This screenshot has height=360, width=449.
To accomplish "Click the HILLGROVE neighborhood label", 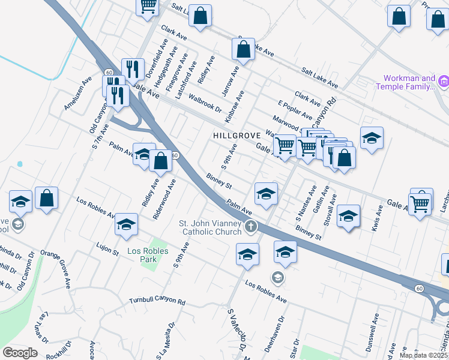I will click(x=237, y=136).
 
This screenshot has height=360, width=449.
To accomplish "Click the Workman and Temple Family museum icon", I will click(x=444, y=82).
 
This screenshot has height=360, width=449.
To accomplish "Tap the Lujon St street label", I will click(x=107, y=248).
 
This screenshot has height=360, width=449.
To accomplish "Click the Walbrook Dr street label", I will click(x=205, y=103).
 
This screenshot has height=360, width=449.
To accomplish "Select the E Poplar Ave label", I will click(x=295, y=107).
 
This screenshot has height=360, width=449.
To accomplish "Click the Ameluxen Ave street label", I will click(x=78, y=94).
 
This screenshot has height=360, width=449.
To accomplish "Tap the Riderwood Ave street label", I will click(x=164, y=199).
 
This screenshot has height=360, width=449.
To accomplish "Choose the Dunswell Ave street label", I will click(x=374, y=328).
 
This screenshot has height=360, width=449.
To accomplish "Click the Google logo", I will click(x=20, y=353).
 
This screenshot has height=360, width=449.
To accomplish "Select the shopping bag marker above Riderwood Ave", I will click(x=160, y=161).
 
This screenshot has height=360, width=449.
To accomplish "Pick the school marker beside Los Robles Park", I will click(x=126, y=224).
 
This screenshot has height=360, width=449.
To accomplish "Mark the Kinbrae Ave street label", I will click(x=235, y=107).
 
